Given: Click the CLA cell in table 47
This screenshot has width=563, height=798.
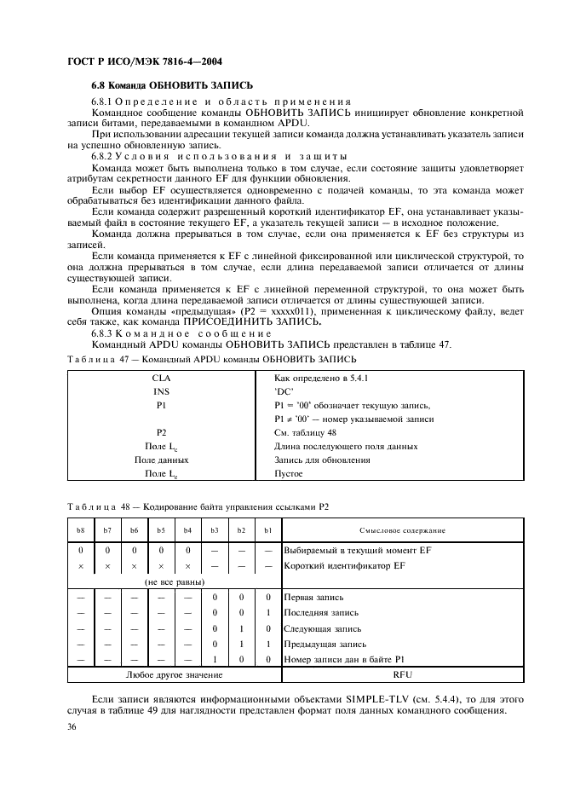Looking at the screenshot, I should tap(161, 378).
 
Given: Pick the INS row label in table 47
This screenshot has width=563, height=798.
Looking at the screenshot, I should tap(161, 391).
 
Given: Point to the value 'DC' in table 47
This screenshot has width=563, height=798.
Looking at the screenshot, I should tap(284, 391).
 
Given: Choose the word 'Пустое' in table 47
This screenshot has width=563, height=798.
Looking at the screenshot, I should tap(289, 473).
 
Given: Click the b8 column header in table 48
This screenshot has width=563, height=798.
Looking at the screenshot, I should tap(81, 530).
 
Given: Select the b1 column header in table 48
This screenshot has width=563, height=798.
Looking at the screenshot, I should tap(267, 530).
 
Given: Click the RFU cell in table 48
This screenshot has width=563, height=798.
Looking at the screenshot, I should tap(403, 675).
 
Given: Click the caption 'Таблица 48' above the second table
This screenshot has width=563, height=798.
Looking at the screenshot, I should tap(95, 506).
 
